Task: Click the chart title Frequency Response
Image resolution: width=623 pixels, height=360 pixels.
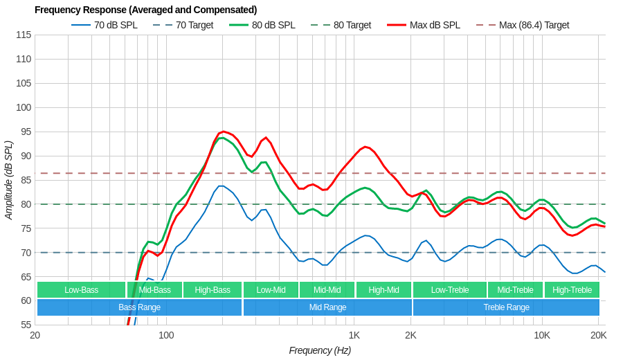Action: (145, 10)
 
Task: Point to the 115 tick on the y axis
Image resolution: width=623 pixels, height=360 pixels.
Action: (24, 35)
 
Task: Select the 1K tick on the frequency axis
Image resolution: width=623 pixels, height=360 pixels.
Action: (354, 336)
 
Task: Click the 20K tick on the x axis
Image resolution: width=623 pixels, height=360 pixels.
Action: (598, 336)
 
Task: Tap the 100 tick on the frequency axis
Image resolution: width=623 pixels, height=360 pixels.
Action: (166, 336)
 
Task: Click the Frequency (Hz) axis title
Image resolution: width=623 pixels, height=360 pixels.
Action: (320, 350)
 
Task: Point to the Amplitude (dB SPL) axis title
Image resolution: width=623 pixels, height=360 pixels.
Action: (8, 180)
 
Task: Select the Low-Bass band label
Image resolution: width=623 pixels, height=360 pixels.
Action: (81, 290)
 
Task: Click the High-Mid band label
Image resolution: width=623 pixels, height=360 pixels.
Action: (383, 290)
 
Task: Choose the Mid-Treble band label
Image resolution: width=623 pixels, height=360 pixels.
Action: (515, 290)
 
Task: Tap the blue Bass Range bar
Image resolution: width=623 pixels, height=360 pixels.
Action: (139, 307)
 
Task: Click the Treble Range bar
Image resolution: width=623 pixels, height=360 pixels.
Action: (506, 307)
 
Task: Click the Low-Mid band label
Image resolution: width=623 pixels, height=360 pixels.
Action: (271, 290)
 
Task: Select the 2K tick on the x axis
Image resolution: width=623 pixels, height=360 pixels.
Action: (410, 336)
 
